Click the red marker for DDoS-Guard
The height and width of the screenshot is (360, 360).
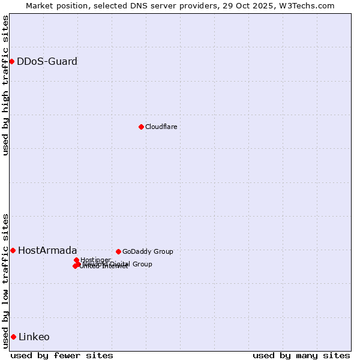(11, 61)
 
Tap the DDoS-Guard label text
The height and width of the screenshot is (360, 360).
(47, 61)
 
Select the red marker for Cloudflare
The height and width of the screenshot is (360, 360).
(141, 127)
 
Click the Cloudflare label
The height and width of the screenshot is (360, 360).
(161, 127)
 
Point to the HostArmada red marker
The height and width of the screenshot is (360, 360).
(13, 250)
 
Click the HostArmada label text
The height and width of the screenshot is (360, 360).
(47, 250)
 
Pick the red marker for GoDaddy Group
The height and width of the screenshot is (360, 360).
(118, 251)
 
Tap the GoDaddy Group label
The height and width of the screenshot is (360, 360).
(148, 251)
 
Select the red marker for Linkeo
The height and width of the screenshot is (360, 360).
(13, 337)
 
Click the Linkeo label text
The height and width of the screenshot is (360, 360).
(34, 337)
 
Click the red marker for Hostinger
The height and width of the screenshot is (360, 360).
(76, 260)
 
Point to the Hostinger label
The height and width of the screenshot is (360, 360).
(96, 260)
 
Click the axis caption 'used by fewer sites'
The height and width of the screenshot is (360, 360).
(62, 355)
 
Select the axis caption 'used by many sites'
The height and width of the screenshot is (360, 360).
(301, 355)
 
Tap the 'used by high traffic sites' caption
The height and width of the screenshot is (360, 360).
(5, 85)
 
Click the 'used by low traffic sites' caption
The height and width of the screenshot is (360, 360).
(5, 280)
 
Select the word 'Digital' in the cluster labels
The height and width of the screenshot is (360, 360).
(119, 264)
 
